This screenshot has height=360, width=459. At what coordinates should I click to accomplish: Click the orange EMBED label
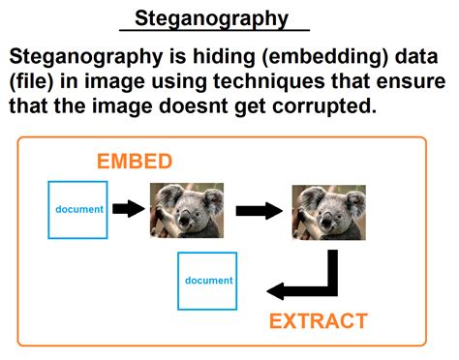click(x=134, y=161)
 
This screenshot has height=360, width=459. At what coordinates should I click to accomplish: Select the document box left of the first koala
click(x=78, y=209)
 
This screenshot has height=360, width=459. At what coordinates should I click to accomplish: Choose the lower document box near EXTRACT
click(x=208, y=281)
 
